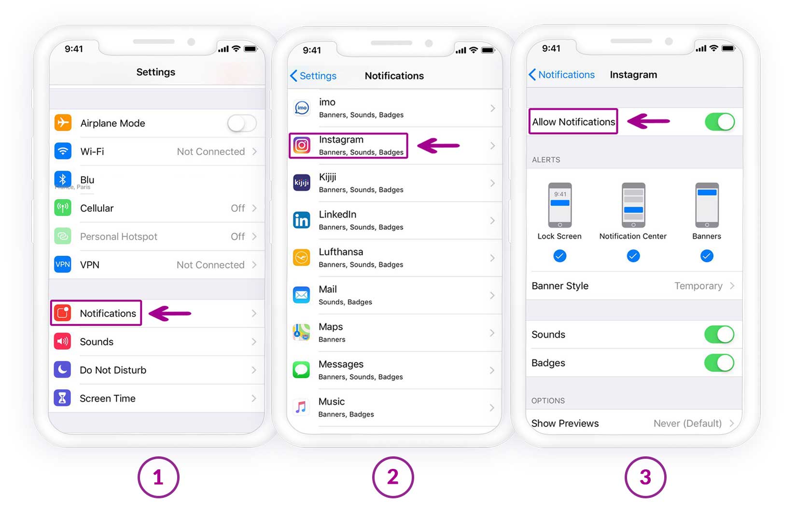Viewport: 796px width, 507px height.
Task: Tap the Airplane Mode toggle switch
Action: tap(242, 123)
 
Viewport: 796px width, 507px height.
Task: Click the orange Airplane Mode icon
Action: tap(63, 123)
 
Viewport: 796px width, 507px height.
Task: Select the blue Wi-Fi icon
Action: tap(63, 151)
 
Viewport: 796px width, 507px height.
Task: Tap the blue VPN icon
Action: tap(63, 264)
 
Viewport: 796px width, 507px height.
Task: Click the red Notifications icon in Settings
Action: tap(63, 313)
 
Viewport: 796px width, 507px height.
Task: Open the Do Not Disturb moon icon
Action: tap(63, 370)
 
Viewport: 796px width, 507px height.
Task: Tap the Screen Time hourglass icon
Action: tap(63, 398)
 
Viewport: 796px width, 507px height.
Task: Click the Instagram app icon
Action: tap(302, 145)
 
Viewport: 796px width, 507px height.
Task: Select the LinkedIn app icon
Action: tap(302, 220)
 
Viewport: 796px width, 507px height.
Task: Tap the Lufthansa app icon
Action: tap(302, 258)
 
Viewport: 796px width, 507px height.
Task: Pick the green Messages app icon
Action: tap(301, 370)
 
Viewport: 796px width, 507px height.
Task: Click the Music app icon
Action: tap(301, 407)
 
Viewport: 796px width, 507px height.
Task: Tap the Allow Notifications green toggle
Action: tap(720, 122)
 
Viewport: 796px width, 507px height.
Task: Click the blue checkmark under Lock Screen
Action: tap(559, 256)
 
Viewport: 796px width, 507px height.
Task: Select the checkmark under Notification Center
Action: tap(633, 256)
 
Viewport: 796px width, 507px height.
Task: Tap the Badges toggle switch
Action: tap(719, 363)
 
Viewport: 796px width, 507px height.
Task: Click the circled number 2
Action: tap(393, 477)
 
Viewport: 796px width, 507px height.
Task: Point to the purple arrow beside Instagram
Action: tap(438, 146)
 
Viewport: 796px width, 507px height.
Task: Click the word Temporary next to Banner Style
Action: tap(698, 286)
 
